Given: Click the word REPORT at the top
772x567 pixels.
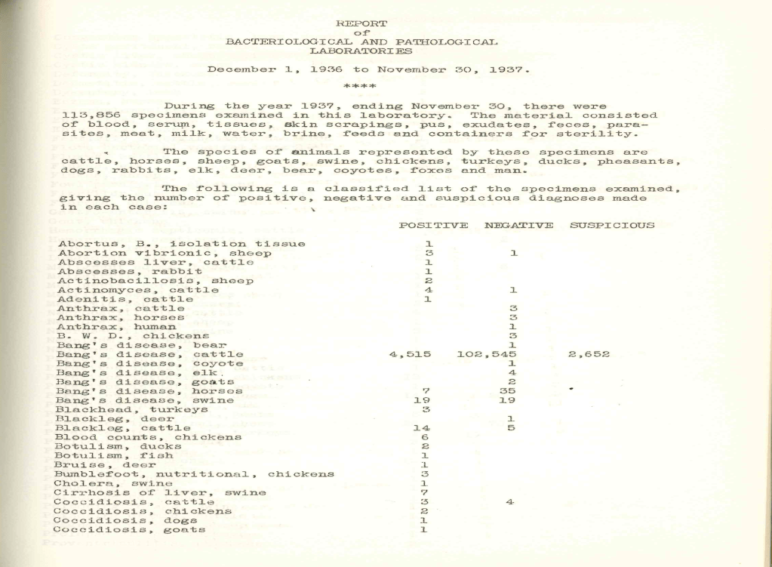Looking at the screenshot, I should [362, 24].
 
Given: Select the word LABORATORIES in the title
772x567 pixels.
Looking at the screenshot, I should [362, 51].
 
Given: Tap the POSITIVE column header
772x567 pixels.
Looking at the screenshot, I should [432, 225].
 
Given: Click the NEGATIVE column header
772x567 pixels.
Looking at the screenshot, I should [518, 225].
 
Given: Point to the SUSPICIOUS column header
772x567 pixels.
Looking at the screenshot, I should [612, 225].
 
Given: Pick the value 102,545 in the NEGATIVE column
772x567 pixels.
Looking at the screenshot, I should [487, 354].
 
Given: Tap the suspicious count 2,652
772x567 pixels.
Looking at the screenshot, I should [589, 354].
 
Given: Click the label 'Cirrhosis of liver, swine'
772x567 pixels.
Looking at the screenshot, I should [161, 493].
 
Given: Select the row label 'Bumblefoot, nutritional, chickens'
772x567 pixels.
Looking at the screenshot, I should [195, 474].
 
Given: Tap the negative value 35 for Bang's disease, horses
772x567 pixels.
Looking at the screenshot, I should [508, 391].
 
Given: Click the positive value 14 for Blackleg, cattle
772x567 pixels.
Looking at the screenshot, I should [422, 428].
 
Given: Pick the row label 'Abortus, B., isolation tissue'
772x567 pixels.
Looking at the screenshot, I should [182, 243].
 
